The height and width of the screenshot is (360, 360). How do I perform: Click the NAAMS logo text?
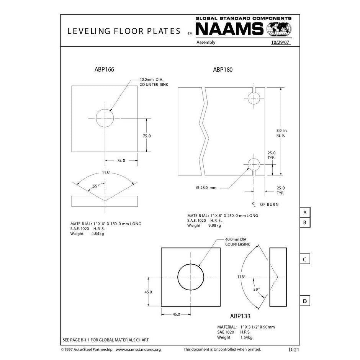coord(229,29)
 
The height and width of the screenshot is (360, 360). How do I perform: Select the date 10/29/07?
coord(280,43)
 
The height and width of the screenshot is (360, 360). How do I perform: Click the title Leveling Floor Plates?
coord(124,31)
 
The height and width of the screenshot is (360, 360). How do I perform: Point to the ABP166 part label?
coord(104,70)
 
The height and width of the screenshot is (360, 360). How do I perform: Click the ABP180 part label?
coord(223,70)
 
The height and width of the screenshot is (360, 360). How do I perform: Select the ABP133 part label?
coord(240,316)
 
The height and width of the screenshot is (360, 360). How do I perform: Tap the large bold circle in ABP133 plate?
coord(190,277)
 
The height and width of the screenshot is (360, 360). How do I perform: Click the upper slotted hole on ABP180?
coord(253,98)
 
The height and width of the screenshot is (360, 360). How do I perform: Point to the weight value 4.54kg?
coord(97,234)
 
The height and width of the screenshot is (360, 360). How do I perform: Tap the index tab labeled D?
coord(304,301)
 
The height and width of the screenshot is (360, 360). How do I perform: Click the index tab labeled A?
coord(304,212)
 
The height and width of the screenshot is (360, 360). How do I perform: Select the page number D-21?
coord(294,349)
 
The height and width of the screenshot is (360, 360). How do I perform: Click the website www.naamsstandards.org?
coord(138,349)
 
